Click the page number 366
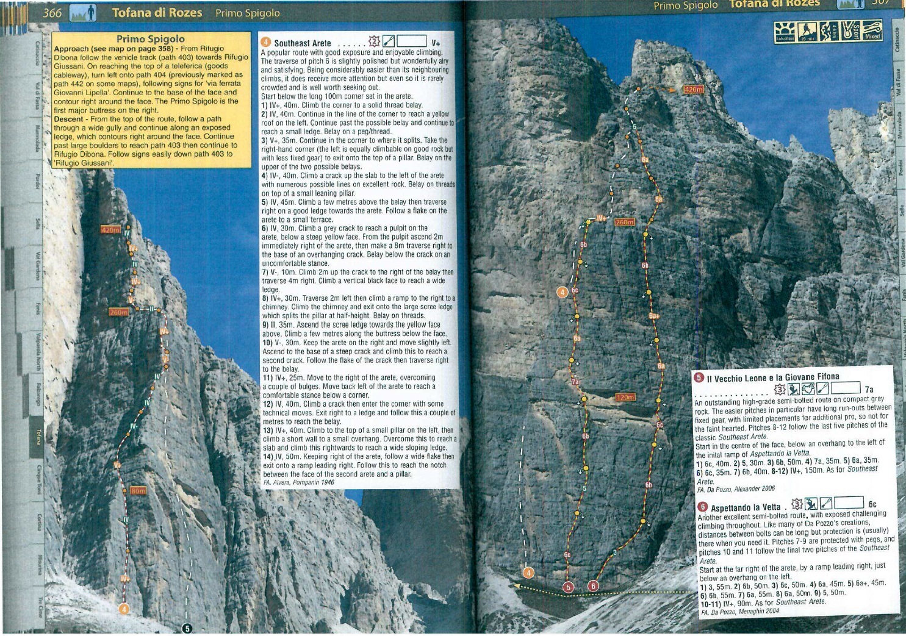[x=52, y=12]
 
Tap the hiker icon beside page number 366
[x=84, y=12]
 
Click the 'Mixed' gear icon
[x=872, y=30]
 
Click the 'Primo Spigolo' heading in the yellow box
[x=150, y=39]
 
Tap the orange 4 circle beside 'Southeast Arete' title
[x=265, y=42]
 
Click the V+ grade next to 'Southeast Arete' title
[x=436, y=43]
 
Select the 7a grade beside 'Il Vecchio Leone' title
[x=869, y=389]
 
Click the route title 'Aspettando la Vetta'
[x=746, y=507]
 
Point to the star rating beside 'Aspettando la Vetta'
[x=797, y=504]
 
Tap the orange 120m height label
[x=625, y=397]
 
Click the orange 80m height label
[x=138, y=490]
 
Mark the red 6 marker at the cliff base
[x=593, y=586]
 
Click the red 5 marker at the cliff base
[x=569, y=587]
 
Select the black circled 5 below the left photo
[x=187, y=628]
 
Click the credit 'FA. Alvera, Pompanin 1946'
[x=298, y=482]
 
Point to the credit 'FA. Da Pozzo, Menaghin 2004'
[x=739, y=611]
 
